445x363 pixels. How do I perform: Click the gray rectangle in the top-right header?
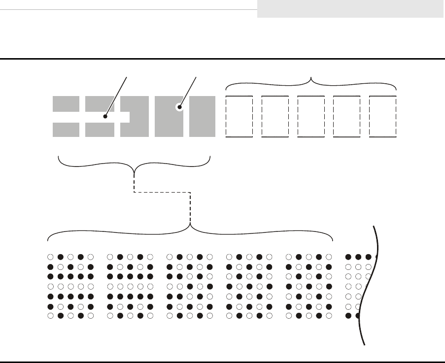[350, 9]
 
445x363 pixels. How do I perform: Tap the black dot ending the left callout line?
[104, 117]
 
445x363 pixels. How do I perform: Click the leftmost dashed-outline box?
[239, 117]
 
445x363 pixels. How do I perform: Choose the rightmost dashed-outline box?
[383, 117]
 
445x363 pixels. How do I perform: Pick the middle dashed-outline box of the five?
[311, 117]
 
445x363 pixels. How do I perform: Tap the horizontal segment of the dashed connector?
[162, 192]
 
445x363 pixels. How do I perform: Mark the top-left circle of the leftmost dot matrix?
[50, 257]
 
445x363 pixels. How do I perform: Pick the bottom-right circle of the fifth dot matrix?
[329, 316]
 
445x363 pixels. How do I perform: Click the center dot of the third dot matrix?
[190, 286]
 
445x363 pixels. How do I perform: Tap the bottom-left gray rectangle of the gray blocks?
[66, 129]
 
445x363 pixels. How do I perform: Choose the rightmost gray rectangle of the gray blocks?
[202, 116]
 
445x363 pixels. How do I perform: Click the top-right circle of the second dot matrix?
[150, 257]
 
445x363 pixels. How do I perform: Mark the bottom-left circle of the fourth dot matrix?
[229, 316]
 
